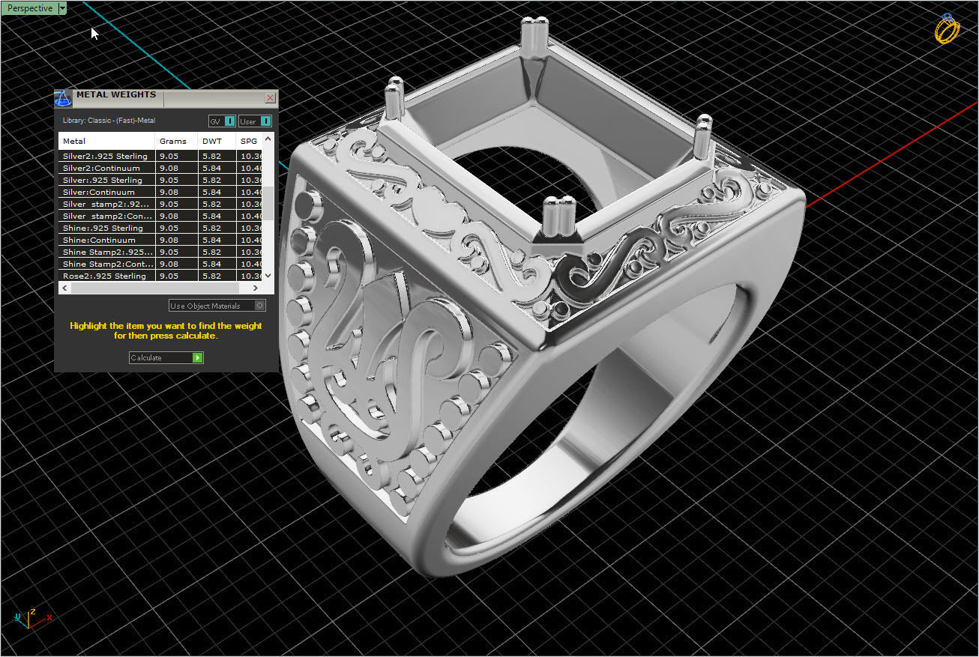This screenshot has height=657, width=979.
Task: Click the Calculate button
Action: (166, 358)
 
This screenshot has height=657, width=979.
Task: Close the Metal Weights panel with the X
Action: (270, 98)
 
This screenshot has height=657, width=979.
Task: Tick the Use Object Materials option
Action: (259, 306)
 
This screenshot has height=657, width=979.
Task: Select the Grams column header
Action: (173, 141)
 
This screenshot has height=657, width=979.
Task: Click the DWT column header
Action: (212, 141)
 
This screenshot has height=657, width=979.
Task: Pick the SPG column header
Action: (249, 141)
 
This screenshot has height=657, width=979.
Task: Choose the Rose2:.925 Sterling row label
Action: (104, 276)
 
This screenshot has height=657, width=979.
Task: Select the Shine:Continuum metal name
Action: (99, 240)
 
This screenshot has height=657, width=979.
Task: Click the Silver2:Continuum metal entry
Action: (101, 168)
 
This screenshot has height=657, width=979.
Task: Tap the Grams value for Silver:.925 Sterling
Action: (169, 180)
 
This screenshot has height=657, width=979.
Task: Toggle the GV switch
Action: (230, 121)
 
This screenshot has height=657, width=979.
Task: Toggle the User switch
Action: (265, 121)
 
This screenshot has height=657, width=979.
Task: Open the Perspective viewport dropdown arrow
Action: (62, 8)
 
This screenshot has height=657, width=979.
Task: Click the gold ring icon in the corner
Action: (947, 29)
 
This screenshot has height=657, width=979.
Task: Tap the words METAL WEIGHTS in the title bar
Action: (116, 95)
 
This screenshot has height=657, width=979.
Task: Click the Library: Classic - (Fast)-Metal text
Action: (109, 121)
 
